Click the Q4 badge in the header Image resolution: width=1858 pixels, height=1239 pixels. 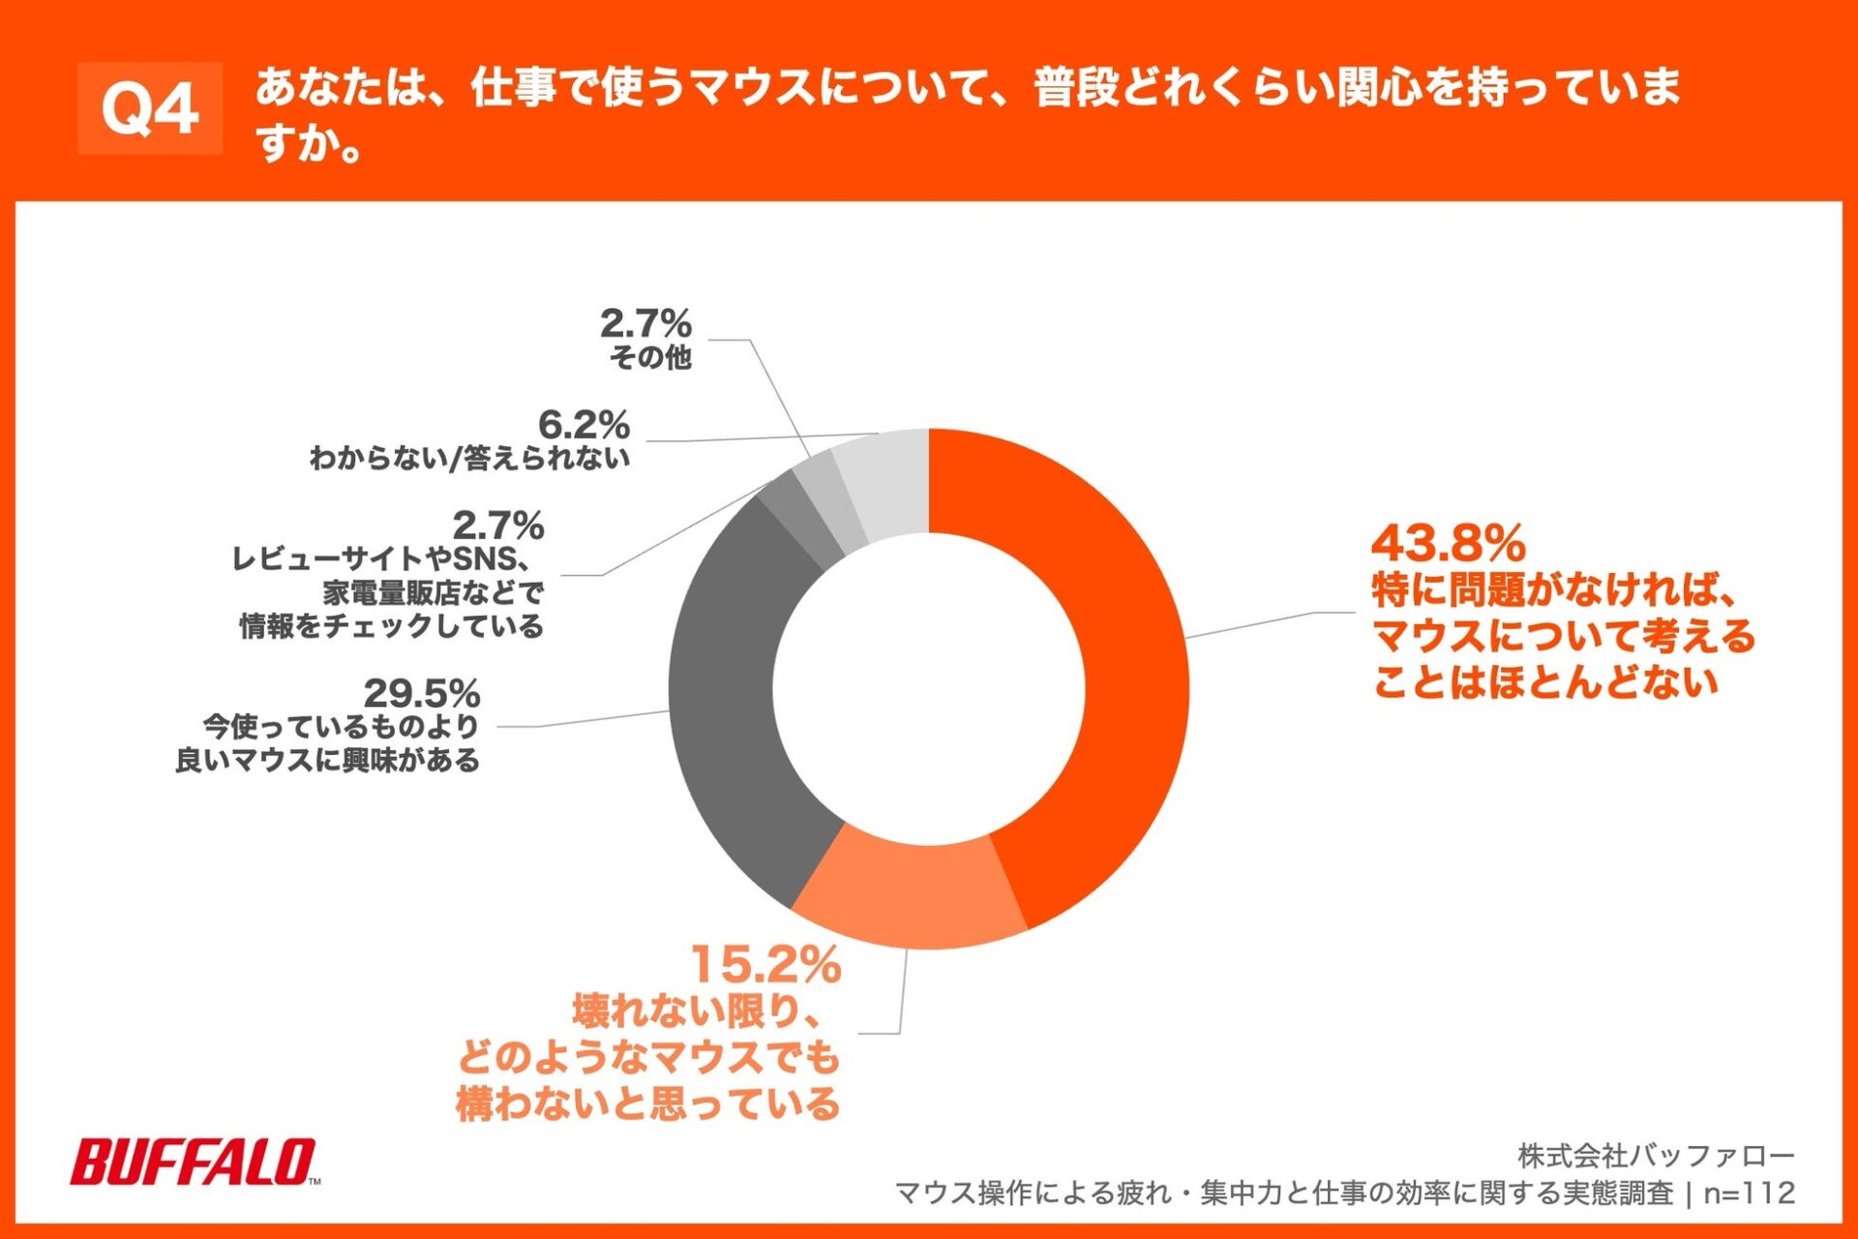[x=150, y=108]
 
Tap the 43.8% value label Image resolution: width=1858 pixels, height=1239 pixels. [x=1448, y=543]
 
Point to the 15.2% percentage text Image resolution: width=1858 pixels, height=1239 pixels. [x=765, y=964]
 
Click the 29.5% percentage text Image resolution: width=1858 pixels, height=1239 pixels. [x=422, y=693]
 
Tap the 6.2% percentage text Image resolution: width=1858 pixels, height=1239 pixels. [x=584, y=424]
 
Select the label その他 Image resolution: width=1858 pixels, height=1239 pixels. [x=650, y=358]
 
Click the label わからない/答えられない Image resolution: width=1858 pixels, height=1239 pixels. [x=469, y=458]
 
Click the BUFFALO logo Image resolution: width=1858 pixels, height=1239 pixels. [x=194, y=1162]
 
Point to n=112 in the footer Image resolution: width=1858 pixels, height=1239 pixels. [x=1750, y=1193]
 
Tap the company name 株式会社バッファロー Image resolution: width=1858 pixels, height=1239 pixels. [x=1656, y=1155]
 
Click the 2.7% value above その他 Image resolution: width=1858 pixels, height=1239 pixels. [x=645, y=323]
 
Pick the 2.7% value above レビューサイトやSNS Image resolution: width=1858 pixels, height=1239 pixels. [x=498, y=526]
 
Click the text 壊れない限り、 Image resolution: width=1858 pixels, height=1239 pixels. [x=697, y=1012]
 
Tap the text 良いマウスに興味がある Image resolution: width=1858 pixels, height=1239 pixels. [x=327, y=761]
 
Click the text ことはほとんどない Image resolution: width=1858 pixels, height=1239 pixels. [x=1545, y=682]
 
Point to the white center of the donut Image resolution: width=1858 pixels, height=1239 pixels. [x=929, y=689]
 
